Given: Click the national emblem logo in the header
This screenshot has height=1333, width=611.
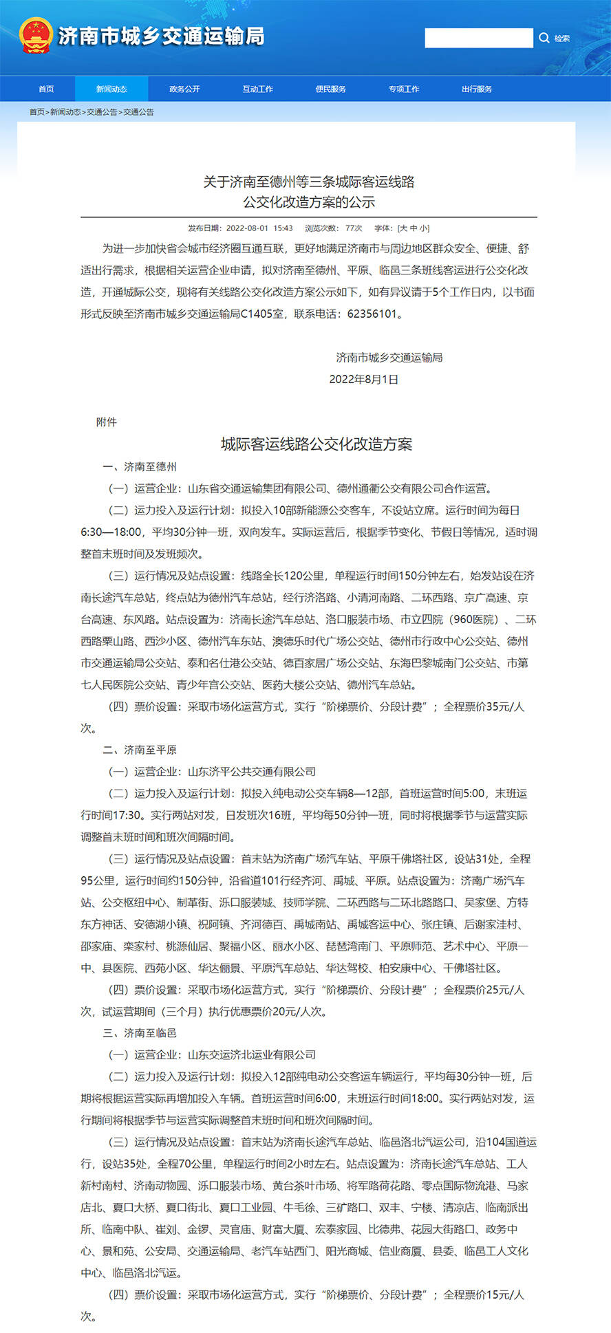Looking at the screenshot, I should pyautogui.click(x=36, y=36).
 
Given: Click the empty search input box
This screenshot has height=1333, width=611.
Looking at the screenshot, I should pyautogui.click(x=478, y=38).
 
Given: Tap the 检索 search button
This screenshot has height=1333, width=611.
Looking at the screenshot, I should pyautogui.click(x=555, y=39).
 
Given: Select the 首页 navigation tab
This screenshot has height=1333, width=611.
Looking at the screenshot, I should pyautogui.click(x=46, y=89).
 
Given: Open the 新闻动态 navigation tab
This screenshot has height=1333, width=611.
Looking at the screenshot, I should pyautogui.click(x=111, y=89).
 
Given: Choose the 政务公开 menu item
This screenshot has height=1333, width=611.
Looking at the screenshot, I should pyautogui.click(x=184, y=89).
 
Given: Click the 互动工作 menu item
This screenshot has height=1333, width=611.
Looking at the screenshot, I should pyautogui.click(x=257, y=89).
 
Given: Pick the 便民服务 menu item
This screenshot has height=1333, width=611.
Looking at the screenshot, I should pyautogui.click(x=331, y=89).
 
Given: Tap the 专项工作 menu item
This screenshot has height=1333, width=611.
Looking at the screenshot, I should pyautogui.click(x=404, y=89).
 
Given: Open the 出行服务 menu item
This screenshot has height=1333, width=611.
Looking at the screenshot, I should pyautogui.click(x=477, y=89).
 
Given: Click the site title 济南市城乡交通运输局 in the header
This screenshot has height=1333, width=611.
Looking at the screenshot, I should pyautogui.click(x=161, y=36).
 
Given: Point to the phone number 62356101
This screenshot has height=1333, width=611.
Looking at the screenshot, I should pyautogui.click(x=372, y=314).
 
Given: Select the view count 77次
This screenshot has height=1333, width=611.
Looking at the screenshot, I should pyautogui.click(x=354, y=228).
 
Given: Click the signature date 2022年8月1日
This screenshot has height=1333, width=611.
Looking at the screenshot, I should pyautogui.click(x=364, y=380).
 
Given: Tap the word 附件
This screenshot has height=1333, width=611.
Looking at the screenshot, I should pyautogui.click(x=106, y=422).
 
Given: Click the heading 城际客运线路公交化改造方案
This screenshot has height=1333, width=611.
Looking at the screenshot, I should pyautogui.click(x=317, y=444).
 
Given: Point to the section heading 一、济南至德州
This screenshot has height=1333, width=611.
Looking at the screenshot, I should pyautogui.click(x=140, y=467).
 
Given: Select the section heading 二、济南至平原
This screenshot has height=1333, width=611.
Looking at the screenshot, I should pyautogui.click(x=140, y=750).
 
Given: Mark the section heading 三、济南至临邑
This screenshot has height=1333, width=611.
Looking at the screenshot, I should pyautogui.click(x=140, y=1033).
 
